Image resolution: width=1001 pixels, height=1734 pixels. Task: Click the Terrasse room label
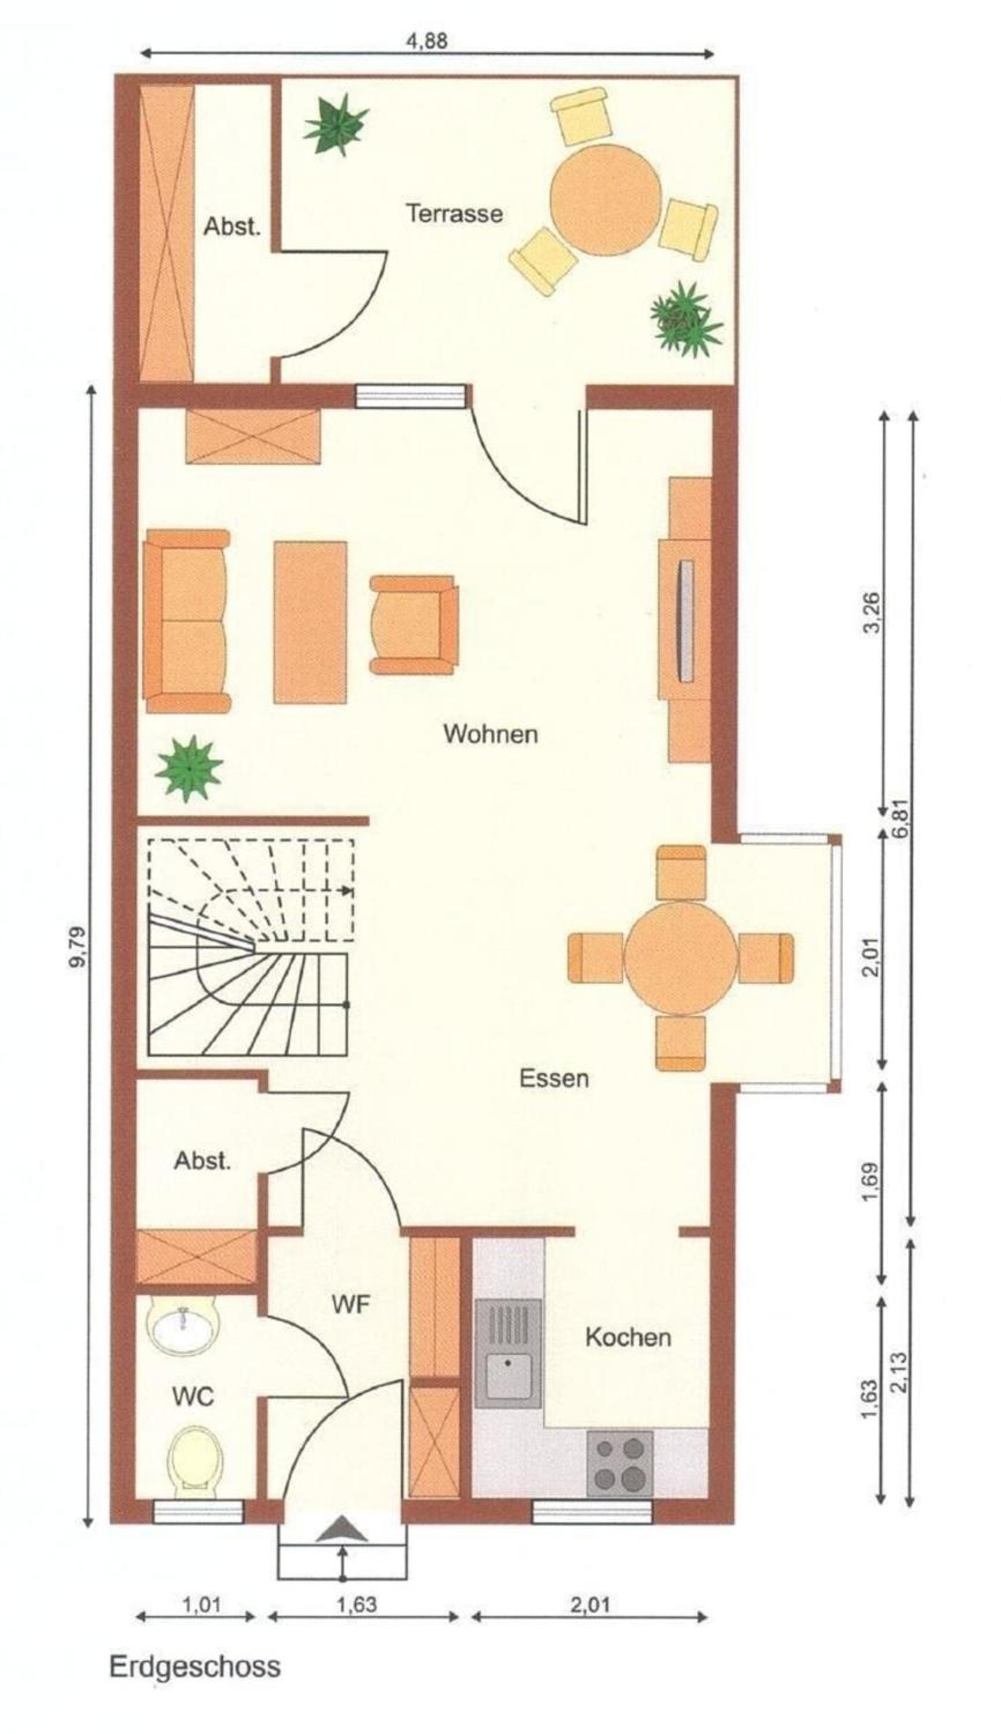click(454, 213)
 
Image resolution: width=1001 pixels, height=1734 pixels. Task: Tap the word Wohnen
click(490, 733)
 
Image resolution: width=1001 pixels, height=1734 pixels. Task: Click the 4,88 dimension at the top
click(427, 41)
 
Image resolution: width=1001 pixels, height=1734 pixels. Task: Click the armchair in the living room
click(414, 624)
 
